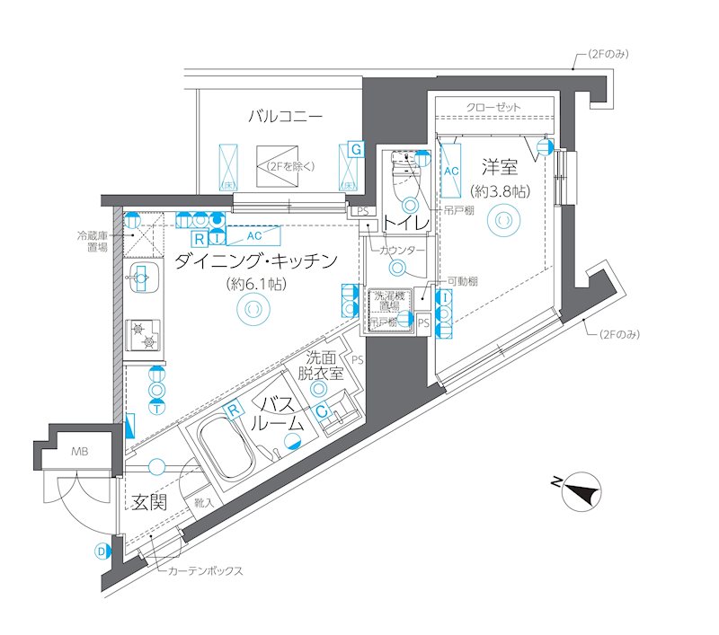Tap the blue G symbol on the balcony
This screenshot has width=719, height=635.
(357, 149)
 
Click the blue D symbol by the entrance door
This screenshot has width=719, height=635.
(102, 551)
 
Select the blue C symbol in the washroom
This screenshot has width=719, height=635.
(321, 410)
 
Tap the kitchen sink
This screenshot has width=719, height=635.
(140, 278)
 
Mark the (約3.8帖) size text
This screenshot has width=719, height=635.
(498, 191)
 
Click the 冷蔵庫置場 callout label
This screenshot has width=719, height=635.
(92, 242)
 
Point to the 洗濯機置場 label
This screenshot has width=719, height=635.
(389, 300)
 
